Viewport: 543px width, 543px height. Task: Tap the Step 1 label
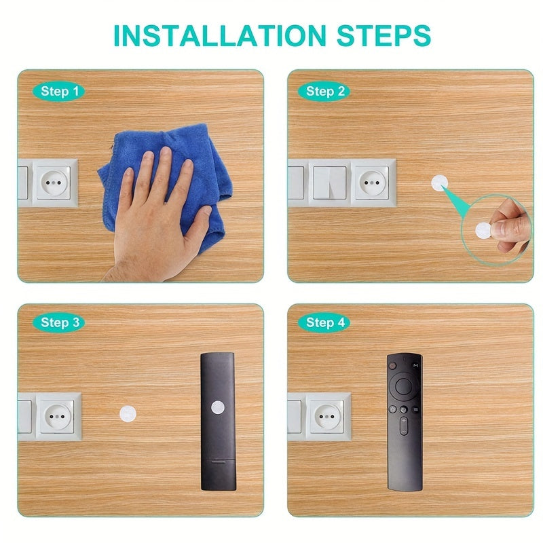60,91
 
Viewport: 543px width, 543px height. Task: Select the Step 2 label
325,91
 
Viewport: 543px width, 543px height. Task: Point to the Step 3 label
60,322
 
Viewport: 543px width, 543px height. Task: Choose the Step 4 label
325,322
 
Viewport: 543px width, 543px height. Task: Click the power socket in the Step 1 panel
54,182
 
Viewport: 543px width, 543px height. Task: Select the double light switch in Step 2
330,182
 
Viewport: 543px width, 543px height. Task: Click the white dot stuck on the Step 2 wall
440,183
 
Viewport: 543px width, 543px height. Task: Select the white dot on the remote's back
217,407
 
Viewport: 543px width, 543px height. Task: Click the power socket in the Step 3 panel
58,415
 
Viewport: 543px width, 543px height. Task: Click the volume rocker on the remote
404,426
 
